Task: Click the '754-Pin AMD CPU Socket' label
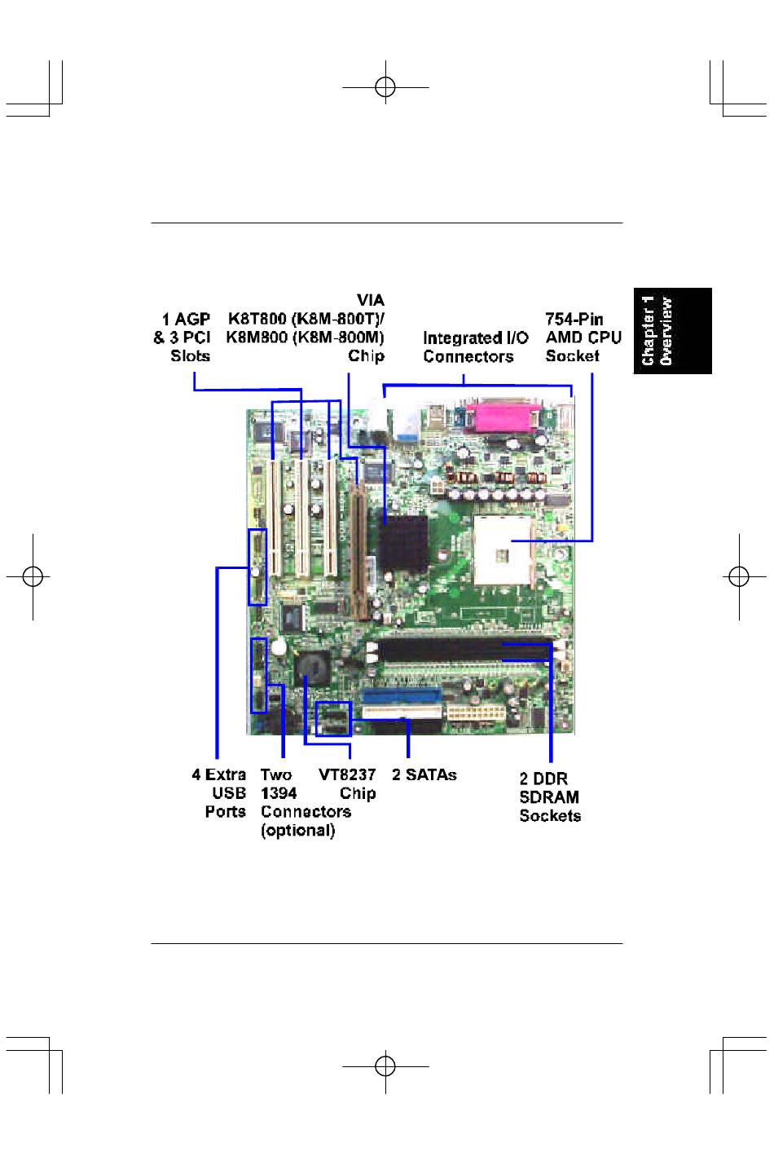coord(583,338)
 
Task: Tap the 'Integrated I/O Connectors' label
coord(476,346)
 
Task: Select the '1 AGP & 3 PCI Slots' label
coord(182,338)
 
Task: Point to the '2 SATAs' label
coord(424,774)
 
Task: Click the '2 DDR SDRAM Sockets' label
coord(550,796)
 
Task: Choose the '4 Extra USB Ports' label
coord(219,793)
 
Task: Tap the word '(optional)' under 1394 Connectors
coord(298,831)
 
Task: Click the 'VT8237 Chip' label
coord(347,784)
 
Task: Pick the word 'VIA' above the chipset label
coord(370,300)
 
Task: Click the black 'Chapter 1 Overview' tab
coord(672,331)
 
